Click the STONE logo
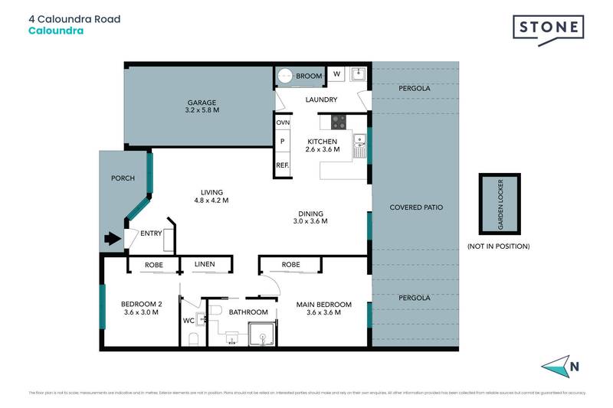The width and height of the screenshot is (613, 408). (x=548, y=29)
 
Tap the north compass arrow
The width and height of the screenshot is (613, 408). (x=561, y=367)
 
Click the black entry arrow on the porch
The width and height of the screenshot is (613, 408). (x=113, y=238)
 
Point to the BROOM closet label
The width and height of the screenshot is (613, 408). (x=308, y=76)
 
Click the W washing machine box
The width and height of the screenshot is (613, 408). (x=336, y=74)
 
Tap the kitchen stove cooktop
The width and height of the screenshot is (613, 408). (x=338, y=121)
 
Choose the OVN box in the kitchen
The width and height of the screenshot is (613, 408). (x=283, y=122)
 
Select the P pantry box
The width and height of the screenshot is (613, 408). (x=283, y=142)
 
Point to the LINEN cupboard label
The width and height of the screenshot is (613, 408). (x=204, y=265)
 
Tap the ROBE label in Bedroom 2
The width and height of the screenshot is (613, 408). (x=154, y=265)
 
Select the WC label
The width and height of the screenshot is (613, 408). (x=188, y=321)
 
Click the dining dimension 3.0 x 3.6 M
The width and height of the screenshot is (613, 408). (x=311, y=221)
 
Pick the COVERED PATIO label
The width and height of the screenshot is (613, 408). (x=416, y=207)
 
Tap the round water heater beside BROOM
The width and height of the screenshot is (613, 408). (x=286, y=76)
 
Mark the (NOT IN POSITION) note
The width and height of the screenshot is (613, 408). (x=498, y=246)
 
